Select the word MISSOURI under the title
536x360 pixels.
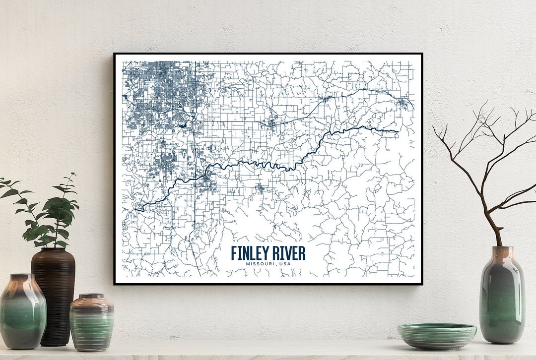click(x=261, y=264)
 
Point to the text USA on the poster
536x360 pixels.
click(x=285, y=264)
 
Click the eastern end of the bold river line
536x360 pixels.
click(x=397, y=131)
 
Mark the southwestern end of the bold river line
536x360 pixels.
click(x=135, y=209)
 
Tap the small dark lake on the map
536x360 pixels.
click(x=184, y=125)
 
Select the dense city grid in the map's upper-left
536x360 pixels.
click(x=159, y=89)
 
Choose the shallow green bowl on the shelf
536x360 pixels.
click(x=437, y=335)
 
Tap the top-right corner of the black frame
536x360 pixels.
click(x=421, y=54)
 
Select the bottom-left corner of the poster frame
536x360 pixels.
click(x=115, y=284)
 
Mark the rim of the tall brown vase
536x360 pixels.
click(x=54, y=250)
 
